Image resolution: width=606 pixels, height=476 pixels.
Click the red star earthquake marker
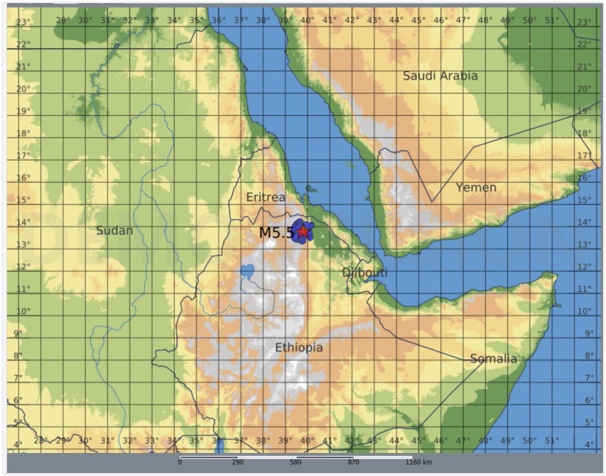click(302, 231)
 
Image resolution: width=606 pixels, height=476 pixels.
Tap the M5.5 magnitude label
click(276, 233)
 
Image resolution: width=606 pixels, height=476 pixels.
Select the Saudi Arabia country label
click(440, 76)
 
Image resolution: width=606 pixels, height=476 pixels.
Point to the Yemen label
click(476, 187)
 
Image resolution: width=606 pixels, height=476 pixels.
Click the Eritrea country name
click(266, 197)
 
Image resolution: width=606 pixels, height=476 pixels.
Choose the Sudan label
click(115, 230)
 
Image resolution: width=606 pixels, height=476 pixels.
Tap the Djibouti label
click(365, 272)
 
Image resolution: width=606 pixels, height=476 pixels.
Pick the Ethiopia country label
click(298, 348)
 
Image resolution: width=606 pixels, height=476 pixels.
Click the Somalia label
click(493, 359)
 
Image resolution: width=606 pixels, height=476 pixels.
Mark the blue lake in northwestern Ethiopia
click(247, 272)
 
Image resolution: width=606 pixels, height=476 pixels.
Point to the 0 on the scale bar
click(180, 462)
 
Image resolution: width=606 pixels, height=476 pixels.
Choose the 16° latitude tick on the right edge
click(585, 177)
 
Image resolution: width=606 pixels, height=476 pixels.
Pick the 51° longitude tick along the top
click(552, 20)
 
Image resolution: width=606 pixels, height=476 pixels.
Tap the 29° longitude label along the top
click(63, 20)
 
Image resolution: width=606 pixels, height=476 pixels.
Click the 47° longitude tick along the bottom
click(463, 440)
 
